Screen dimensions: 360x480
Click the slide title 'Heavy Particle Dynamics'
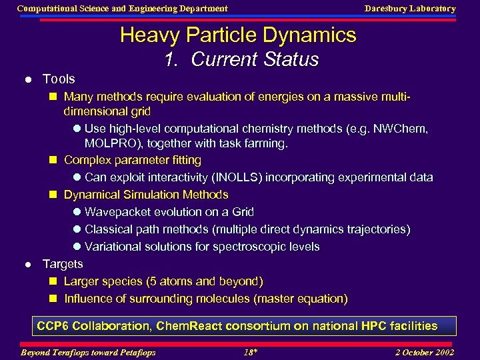[x=238, y=35]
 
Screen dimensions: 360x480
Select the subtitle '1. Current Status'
[x=241, y=59]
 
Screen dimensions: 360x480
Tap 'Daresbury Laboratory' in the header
[x=409, y=9]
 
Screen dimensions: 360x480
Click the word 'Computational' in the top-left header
[x=46, y=9]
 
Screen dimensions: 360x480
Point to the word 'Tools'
[x=59, y=79]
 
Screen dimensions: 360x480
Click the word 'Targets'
[x=63, y=264]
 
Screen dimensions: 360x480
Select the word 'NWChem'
[x=405, y=128]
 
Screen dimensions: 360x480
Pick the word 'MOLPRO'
[x=109, y=143]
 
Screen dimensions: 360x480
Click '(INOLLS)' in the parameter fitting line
[x=243, y=177]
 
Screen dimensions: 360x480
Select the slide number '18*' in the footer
[x=250, y=352]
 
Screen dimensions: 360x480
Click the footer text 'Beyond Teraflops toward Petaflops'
[x=88, y=352]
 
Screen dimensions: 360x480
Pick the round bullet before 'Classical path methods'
[x=77, y=230]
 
